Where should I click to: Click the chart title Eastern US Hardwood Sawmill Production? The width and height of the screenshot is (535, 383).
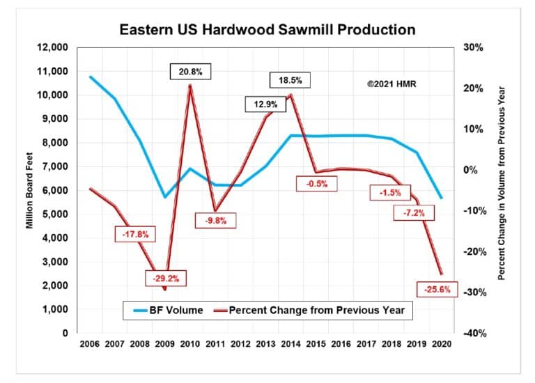pos(267,30)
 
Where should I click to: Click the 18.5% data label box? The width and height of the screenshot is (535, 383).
pos(290,80)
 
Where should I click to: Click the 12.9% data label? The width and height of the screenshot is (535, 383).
pos(265,104)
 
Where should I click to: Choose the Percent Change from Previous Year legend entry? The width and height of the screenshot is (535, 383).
pos(311,310)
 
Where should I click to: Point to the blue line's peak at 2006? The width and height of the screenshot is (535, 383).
pos(91,77)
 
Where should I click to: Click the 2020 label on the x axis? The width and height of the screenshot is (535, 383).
pos(442,344)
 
